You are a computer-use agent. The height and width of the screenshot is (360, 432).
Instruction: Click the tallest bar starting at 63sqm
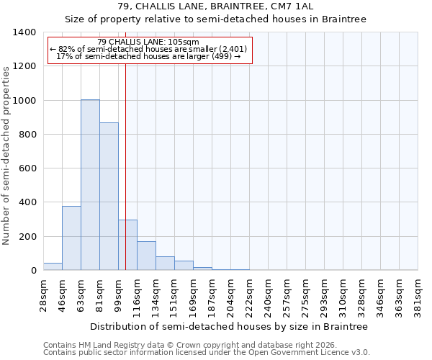90,185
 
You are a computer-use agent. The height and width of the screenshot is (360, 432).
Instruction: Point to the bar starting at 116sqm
146,256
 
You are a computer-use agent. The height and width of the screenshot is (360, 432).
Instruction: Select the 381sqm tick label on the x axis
418,295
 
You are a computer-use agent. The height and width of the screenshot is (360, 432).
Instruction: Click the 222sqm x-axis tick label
249,295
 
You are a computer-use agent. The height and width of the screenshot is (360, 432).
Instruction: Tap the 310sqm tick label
343,295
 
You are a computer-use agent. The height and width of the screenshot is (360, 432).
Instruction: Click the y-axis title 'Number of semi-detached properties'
7,155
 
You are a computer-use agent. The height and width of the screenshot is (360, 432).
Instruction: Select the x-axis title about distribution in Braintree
228,327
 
